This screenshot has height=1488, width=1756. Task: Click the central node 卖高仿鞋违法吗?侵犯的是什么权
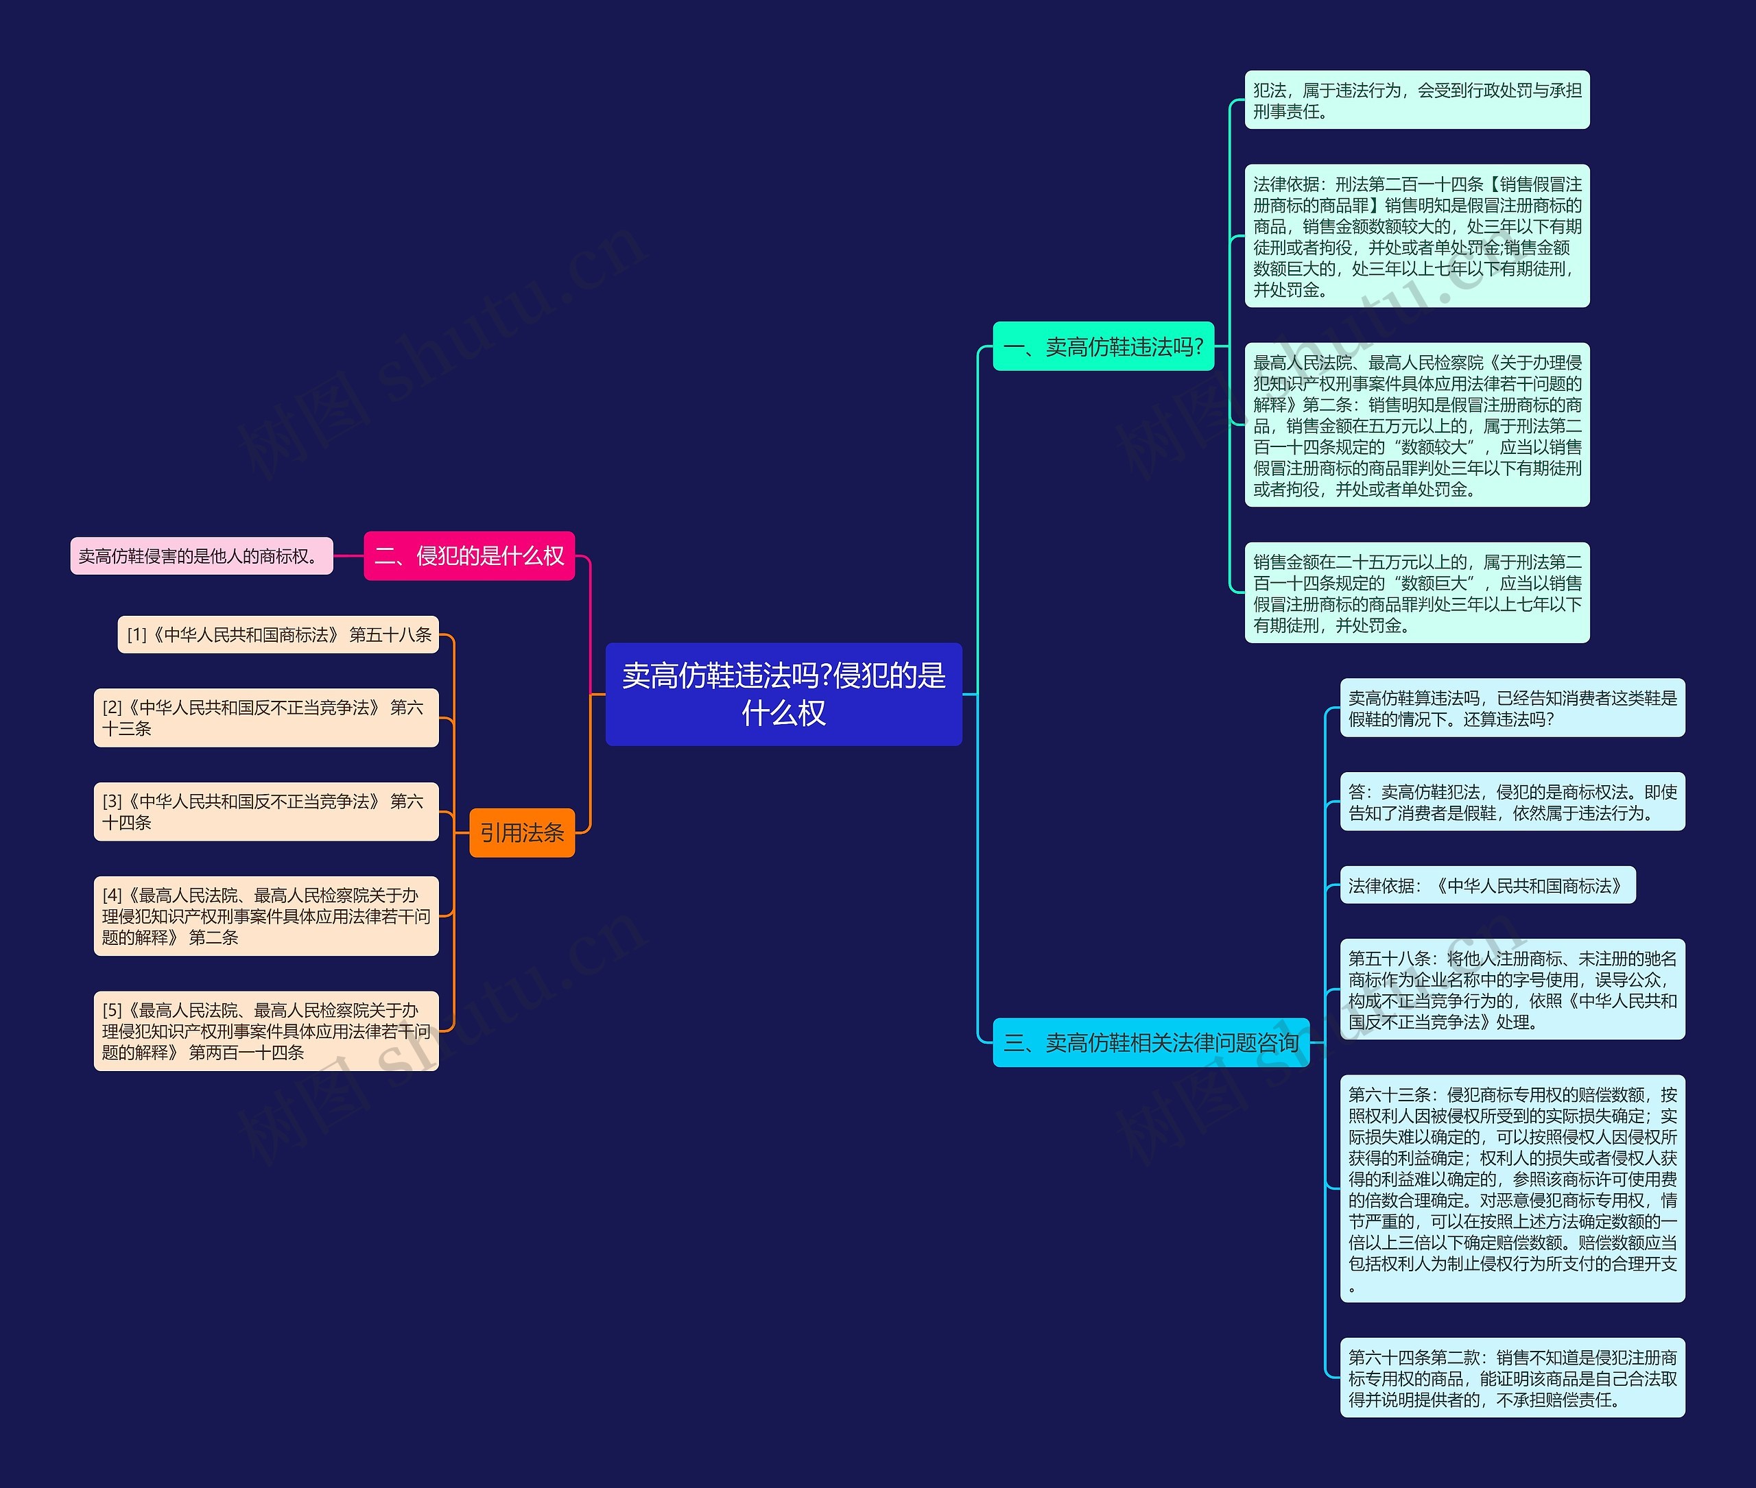(784, 694)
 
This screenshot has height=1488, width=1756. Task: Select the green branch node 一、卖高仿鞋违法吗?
(1104, 346)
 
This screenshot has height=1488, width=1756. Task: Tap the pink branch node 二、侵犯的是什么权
(469, 556)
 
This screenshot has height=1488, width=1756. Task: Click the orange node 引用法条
(522, 832)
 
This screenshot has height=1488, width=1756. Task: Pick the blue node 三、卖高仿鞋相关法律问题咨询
(1151, 1042)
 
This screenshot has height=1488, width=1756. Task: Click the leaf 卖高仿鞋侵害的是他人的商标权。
(202, 556)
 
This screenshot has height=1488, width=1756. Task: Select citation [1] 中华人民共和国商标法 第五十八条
(278, 634)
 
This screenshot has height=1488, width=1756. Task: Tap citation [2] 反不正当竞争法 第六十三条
(267, 718)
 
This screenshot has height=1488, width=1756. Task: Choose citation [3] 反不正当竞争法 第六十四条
(267, 811)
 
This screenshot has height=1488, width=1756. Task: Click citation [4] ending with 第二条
(267, 916)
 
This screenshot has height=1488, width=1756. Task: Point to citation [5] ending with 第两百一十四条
(267, 1031)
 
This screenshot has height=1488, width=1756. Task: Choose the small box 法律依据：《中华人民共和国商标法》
(1488, 885)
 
